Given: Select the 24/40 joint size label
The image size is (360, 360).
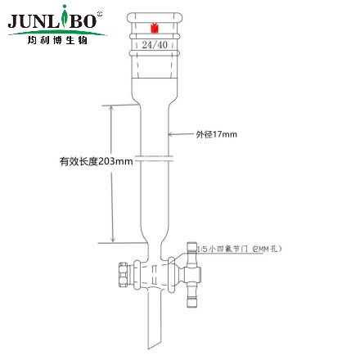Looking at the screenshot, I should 151,47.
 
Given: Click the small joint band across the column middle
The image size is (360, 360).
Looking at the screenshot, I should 151,155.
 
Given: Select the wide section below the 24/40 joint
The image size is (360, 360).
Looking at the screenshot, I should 151,82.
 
